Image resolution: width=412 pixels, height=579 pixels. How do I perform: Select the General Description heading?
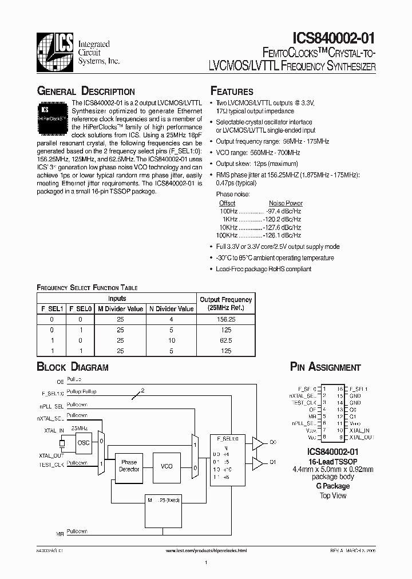coord(86,92)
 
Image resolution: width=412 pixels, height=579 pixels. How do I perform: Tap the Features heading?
coord(232,92)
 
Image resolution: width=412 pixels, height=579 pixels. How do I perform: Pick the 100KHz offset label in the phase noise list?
coord(227,235)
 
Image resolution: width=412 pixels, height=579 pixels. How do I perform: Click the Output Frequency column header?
coord(225,304)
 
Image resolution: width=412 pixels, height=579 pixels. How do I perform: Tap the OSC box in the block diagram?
coord(83,442)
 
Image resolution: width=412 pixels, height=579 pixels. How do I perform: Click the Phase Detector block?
coord(129,466)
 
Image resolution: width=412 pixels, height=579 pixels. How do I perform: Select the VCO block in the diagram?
coord(167,466)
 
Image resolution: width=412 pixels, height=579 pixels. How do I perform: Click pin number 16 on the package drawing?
coord(340,389)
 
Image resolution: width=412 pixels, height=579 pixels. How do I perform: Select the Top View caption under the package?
coord(332,495)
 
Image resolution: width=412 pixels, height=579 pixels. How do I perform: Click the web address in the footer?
coord(206,550)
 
